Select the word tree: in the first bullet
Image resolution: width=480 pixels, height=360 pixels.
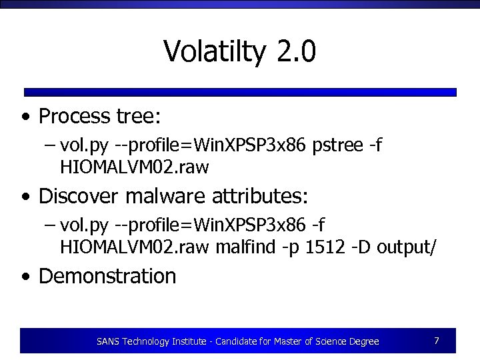click(x=138, y=117)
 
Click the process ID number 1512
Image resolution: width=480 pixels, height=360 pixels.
click(x=323, y=248)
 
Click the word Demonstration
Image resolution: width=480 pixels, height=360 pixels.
click(x=107, y=276)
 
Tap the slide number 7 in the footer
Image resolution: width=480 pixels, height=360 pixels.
click(x=436, y=341)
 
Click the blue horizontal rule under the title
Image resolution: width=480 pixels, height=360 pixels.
click(x=240, y=92)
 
